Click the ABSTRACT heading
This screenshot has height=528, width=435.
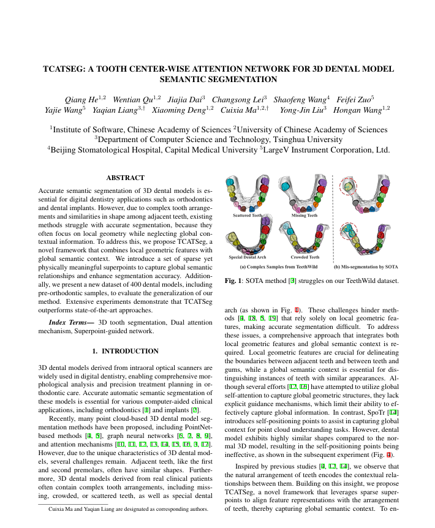tap(125, 178)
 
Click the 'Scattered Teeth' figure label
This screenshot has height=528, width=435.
tap(248, 216)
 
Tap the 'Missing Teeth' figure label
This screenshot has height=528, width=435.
tap(304, 216)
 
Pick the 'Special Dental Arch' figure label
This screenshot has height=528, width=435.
tap(248, 257)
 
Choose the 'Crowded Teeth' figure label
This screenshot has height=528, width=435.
tap(304, 257)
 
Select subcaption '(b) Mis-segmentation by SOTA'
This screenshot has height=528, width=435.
tap(366, 266)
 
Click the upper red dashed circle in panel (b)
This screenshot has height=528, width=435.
tap(350, 185)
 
